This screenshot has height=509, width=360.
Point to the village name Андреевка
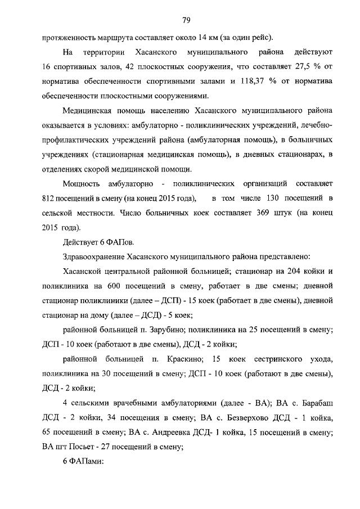pyautogui.click(x=166, y=433)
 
